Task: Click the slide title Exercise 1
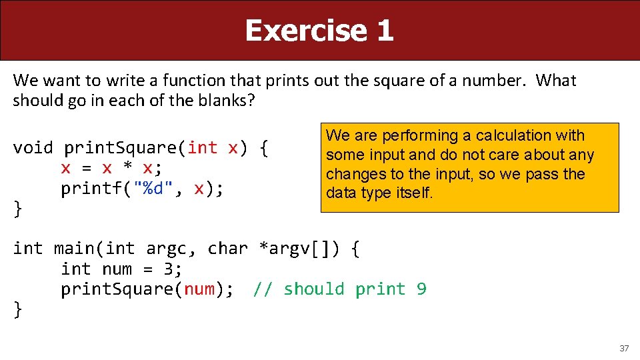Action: [x=319, y=31]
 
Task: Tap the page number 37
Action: [x=624, y=349]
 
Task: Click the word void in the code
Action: [x=33, y=147]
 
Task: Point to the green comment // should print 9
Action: [x=339, y=289]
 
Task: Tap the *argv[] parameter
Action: [x=297, y=249]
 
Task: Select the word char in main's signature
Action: [x=227, y=249]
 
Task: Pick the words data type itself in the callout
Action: [x=379, y=193]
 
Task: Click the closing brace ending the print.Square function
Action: [x=18, y=209]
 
